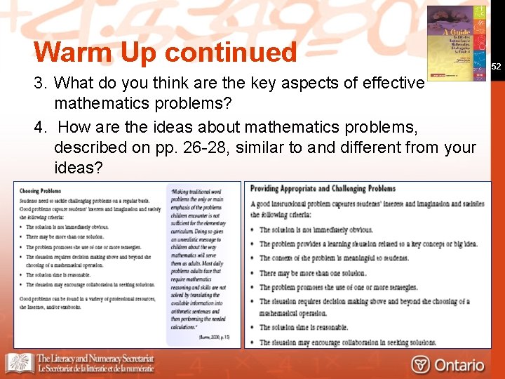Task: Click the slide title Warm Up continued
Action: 166,53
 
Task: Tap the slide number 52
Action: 497,67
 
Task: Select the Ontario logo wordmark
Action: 459,365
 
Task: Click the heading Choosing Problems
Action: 40,191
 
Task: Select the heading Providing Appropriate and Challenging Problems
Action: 323,189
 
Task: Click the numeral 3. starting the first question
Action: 40,84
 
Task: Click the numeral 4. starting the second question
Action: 40,128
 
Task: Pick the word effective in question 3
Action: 393,84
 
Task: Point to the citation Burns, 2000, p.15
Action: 215,337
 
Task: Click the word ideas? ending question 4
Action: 78,168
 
